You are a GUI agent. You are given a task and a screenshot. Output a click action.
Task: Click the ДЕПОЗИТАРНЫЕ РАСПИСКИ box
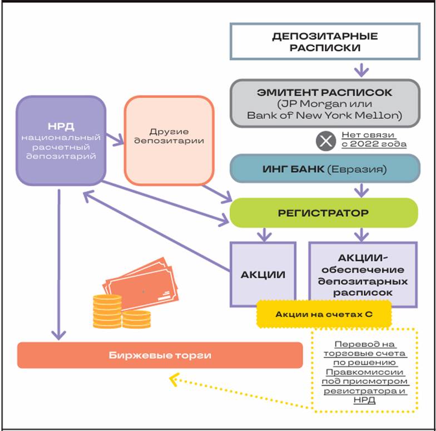[325, 41]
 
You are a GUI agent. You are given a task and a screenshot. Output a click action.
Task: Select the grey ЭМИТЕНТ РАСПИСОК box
[325, 103]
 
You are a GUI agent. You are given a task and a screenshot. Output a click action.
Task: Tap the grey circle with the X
[326, 141]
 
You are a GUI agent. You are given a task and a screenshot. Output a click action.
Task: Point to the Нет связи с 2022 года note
[374, 139]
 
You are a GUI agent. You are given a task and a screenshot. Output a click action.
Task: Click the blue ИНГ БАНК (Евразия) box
[325, 169]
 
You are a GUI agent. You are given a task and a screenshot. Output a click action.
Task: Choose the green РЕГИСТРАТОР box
[324, 213]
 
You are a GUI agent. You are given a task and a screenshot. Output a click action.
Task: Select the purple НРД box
[61, 141]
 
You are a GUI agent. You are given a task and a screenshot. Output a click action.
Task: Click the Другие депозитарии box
[169, 141]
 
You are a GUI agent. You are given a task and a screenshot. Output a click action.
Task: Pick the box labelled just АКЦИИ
[262, 274]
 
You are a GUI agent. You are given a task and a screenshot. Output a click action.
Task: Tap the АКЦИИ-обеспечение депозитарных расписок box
[363, 274]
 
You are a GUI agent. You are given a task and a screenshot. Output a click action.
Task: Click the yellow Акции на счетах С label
[324, 314]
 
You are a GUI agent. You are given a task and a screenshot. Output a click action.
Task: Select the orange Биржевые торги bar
[160, 355]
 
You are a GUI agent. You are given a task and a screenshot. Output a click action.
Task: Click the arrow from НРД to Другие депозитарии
[115, 139]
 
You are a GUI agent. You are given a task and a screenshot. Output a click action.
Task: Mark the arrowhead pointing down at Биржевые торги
[59, 335]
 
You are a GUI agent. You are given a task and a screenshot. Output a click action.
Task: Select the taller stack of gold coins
[107, 312]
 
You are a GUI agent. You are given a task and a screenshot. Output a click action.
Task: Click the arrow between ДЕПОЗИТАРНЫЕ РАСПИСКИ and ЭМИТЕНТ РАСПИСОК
[361, 70]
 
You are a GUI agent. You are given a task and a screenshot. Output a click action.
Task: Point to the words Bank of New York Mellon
[325, 116]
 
